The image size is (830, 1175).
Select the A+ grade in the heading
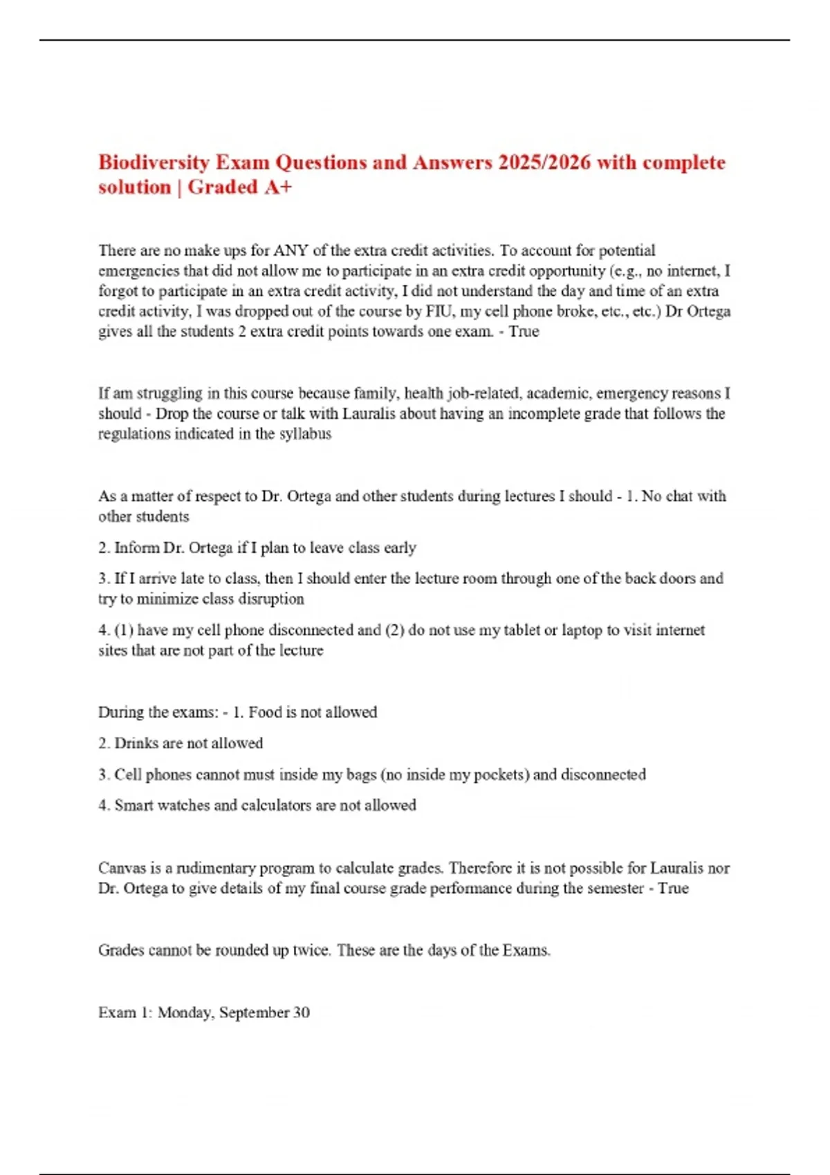point(278,187)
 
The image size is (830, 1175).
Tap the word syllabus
point(305,434)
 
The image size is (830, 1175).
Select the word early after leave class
point(400,548)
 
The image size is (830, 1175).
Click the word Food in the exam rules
point(265,712)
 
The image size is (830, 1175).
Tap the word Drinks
point(136,743)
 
